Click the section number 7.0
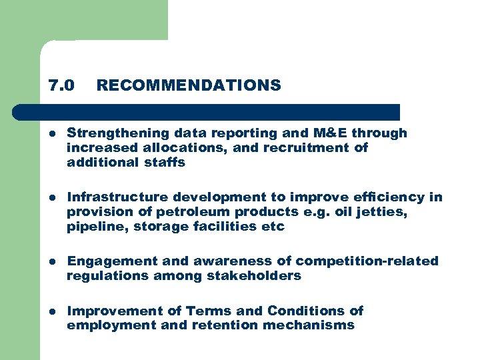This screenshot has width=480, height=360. pos(61,85)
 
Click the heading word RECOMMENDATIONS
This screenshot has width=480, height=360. pos(189,85)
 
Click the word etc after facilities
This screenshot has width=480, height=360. pos(273,226)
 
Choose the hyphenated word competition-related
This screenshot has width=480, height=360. pos(367,261)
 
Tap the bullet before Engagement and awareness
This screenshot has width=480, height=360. pos(53,261)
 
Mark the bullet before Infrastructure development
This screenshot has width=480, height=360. pos(53,197)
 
